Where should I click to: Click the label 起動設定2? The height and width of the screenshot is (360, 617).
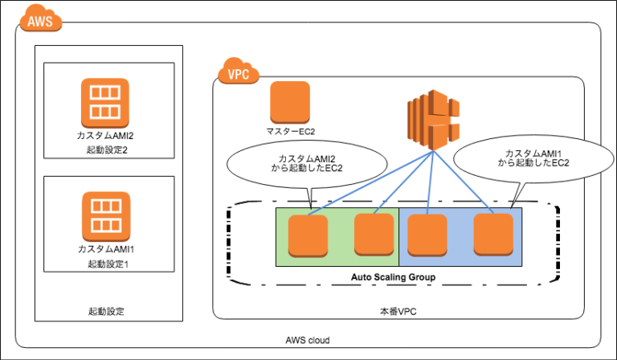107,150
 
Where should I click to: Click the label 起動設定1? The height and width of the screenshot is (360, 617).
107,264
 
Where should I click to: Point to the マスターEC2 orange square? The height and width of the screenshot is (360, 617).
289,102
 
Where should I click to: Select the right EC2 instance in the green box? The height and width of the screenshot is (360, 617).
374,234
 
